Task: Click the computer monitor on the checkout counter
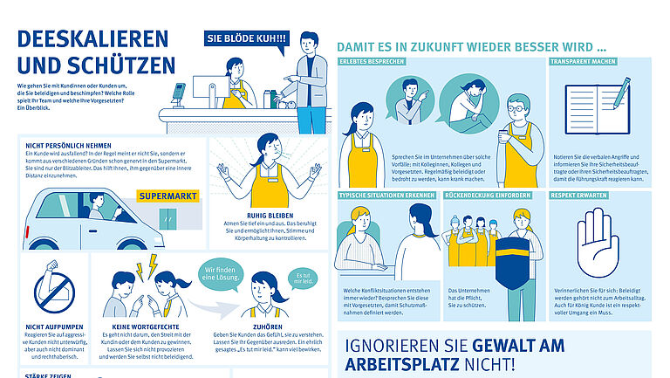tap(206, 89)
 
